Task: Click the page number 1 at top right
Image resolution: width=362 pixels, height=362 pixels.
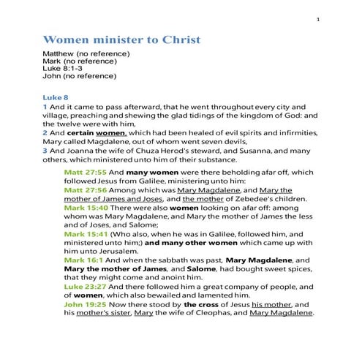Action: click(x=318, y=19)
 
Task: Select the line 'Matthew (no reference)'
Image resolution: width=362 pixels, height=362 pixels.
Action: click(x=86, y=53)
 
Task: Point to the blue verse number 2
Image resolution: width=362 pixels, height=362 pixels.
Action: click(x=45, y=134)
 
